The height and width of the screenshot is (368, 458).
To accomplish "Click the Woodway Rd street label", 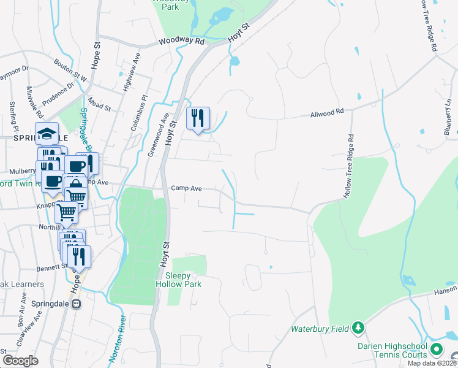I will point(181,41).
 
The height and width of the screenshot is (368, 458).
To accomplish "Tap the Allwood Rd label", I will point(328,113).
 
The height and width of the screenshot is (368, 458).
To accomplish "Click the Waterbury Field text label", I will point(319,329).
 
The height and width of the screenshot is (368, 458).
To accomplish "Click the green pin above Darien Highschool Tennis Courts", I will point(437,350).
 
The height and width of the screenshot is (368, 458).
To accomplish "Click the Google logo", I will point(20,361).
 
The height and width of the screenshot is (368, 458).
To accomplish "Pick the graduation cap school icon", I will point(46,133).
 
